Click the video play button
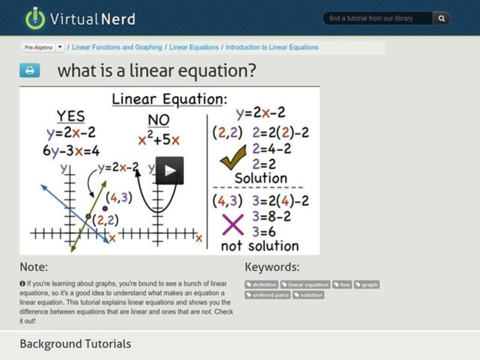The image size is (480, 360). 170,170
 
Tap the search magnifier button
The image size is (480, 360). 442,19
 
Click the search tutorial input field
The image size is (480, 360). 378,19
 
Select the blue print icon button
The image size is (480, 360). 29,71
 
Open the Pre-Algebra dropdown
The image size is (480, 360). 43,47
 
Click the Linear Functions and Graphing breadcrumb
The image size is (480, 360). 117,47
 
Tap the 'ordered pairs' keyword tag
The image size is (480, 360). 268,295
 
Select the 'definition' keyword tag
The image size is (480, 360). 262,284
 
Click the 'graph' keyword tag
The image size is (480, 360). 367,284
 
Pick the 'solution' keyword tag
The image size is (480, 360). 309,295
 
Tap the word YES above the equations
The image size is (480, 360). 71,116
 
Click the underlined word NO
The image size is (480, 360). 158,119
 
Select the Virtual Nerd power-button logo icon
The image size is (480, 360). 35,18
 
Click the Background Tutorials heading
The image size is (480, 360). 76,344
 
